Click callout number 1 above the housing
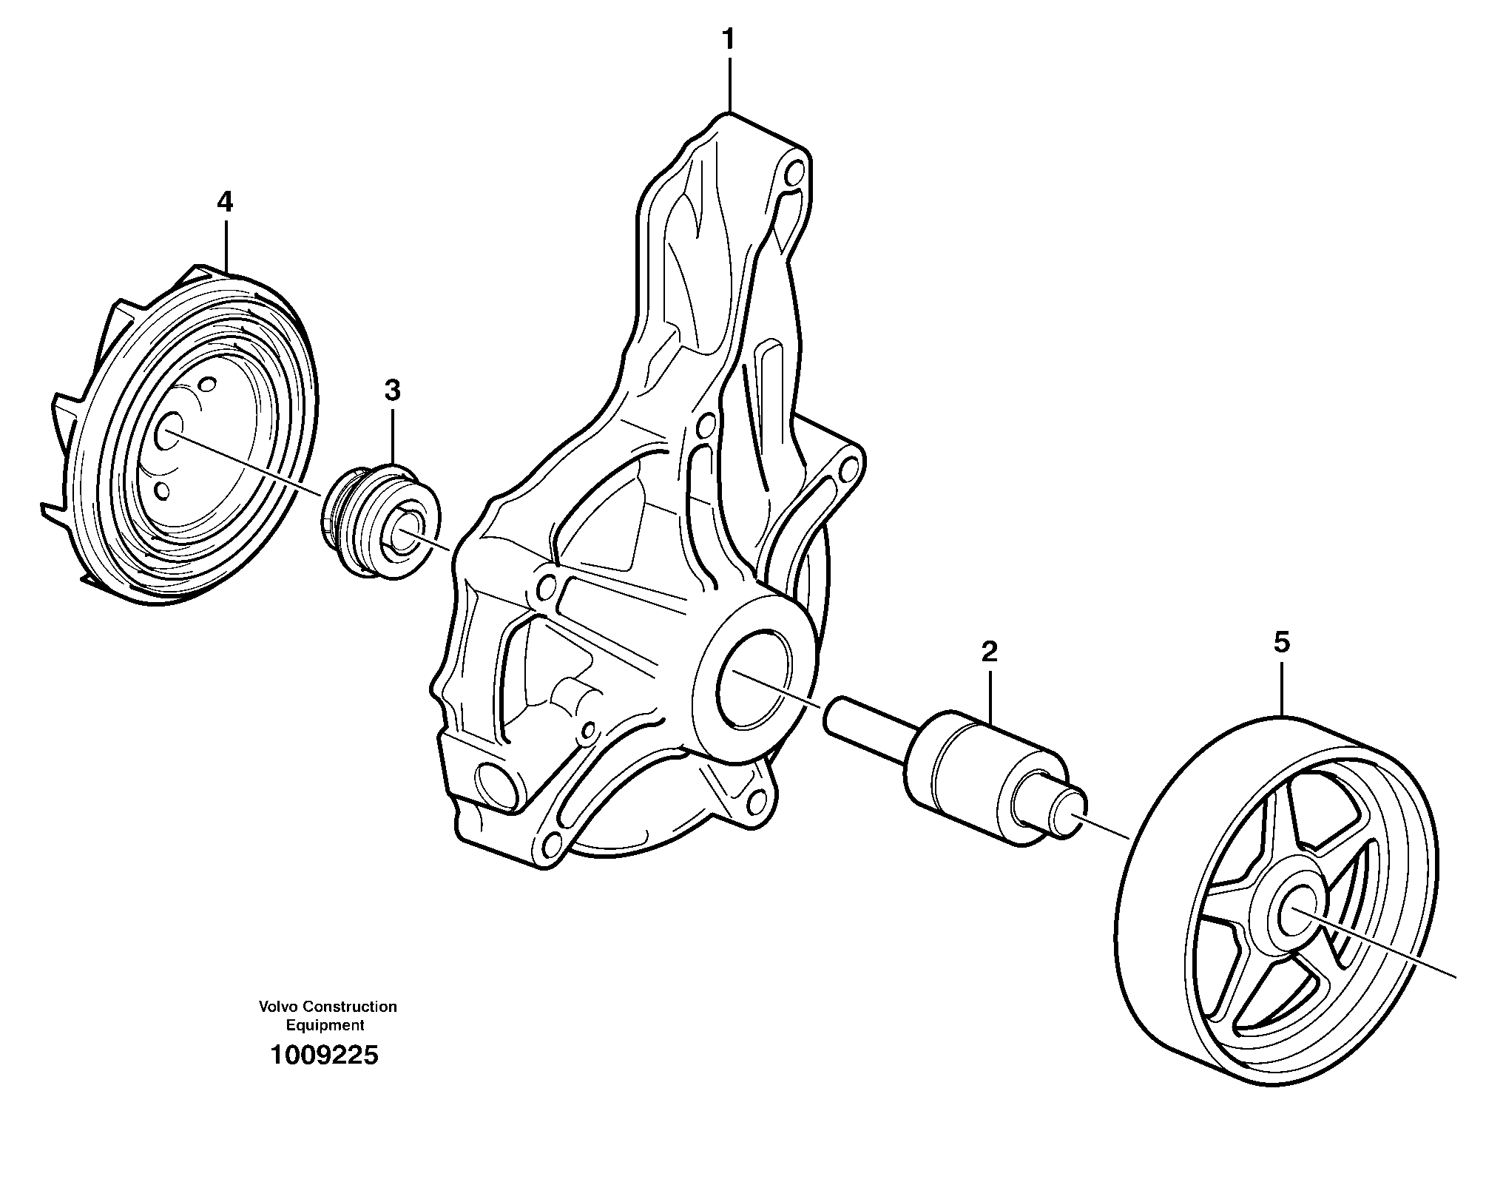(x=729, y=39)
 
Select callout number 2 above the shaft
(x=989, y=652)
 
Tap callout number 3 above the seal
(x=392, y=391)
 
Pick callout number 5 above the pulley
(x=1281, y=642)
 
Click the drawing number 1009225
(x=324, y=1055)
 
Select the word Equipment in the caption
(x=325, y=1025)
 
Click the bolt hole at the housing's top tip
(x=793, y=174)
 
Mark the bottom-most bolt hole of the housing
(x=550, y=845)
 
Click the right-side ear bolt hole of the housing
(x=851, y=466)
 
